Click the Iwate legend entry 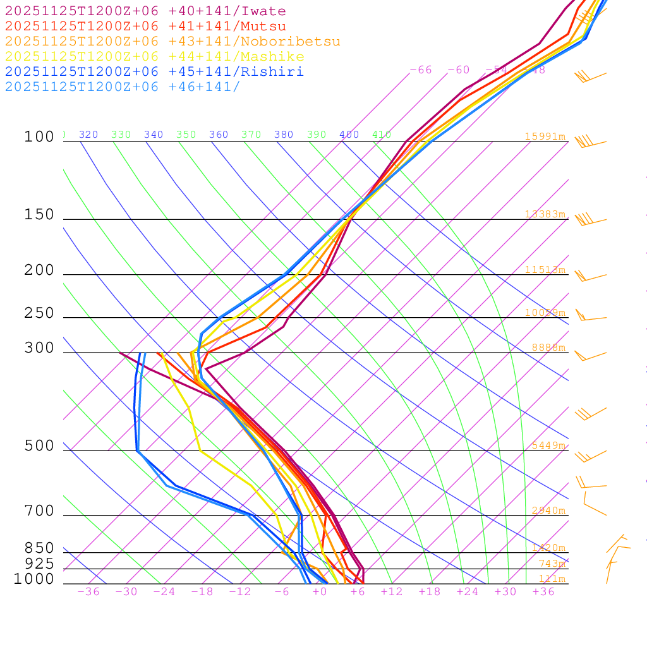point(145,11)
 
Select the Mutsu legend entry point(145,27)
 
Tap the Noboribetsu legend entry point(172,42)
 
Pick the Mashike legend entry point(155,57)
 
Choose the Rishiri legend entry point(154,72)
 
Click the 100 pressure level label point(39,136)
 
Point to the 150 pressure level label point(39,215)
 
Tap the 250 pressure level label point(39,313)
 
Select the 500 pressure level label point(39,446)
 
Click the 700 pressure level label point(39,511)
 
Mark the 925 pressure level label point(39,564)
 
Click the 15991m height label point(545,136)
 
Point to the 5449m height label point(548,445)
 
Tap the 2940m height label point(548,511)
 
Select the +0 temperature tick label point(320,592)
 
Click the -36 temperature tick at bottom point(88,592)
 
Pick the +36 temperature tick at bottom point(543,592)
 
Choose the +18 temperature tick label point(430,592)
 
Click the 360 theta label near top point(218,135)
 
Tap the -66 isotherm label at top point(420,70)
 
